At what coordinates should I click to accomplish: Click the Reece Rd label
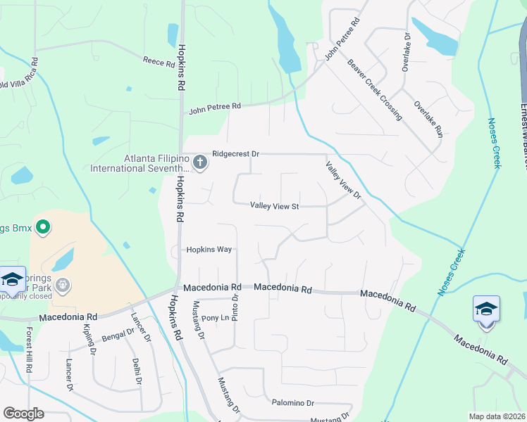(x=159, y=63)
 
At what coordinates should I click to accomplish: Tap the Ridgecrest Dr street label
(x=236, y=153)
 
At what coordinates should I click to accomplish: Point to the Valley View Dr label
(x=342, y=180)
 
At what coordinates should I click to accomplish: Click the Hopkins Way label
(x=209, y=250)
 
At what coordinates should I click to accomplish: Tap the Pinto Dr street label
(x=236, y=307)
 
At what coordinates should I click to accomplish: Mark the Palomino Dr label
(x=292, y=403)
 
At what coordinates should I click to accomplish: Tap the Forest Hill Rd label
(x=29, y=349)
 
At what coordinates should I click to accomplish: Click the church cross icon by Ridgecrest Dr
(x=199, y=163)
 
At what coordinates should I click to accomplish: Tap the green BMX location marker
(x=42, y=227)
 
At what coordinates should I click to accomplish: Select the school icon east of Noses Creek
(x=486, y=310)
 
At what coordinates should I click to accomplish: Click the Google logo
(x=23, y=414)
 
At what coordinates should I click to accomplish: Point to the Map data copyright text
(x=496, y=416)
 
